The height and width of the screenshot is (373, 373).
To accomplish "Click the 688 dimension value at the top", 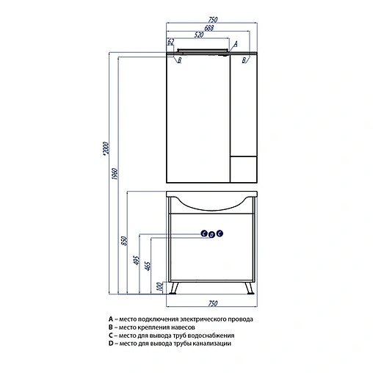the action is (x=209, y=28).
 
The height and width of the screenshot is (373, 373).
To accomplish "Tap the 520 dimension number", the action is (x=199, y=35).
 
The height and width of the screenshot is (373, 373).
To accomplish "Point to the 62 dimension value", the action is (x=170, y=42).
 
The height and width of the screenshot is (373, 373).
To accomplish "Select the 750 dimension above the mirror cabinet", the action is (x=213, y=19).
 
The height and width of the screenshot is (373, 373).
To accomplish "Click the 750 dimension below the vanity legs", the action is (x=213, y=303).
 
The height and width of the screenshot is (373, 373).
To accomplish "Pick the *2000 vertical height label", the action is (x=105, y=148).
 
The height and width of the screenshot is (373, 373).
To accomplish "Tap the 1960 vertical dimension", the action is (x=115, y=173).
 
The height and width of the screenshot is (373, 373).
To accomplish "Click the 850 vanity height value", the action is (x=124, y=241).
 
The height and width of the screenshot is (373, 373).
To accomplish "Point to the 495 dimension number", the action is (x=136, y=260).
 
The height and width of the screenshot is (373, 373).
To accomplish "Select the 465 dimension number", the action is (x=148, y=266).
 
